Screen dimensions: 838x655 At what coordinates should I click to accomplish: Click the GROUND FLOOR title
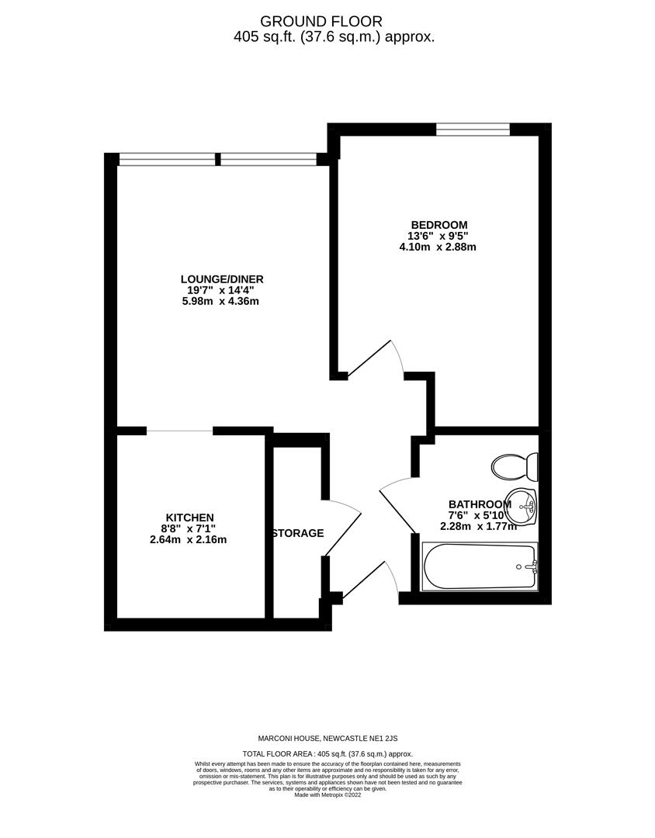coord(321,22)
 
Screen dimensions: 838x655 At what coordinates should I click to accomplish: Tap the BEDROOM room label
coord(438,225)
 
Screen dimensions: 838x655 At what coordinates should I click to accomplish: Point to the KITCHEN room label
coord(189,518)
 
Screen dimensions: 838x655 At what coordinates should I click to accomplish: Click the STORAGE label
coord(298,533)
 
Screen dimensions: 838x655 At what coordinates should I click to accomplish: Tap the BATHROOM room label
coord(479,504)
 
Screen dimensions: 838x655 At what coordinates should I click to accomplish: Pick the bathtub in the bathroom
coord(479,566)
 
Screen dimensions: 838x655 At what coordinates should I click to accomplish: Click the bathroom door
coord(397,504)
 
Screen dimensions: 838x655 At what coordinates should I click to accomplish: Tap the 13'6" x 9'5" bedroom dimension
coord(438,237)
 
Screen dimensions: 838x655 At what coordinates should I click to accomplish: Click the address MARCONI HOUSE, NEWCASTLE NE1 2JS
coord(327,738)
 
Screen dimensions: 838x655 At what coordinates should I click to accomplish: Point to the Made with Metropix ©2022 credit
coord(327,795)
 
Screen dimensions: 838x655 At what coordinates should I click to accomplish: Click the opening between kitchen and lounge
coord(179,431)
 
